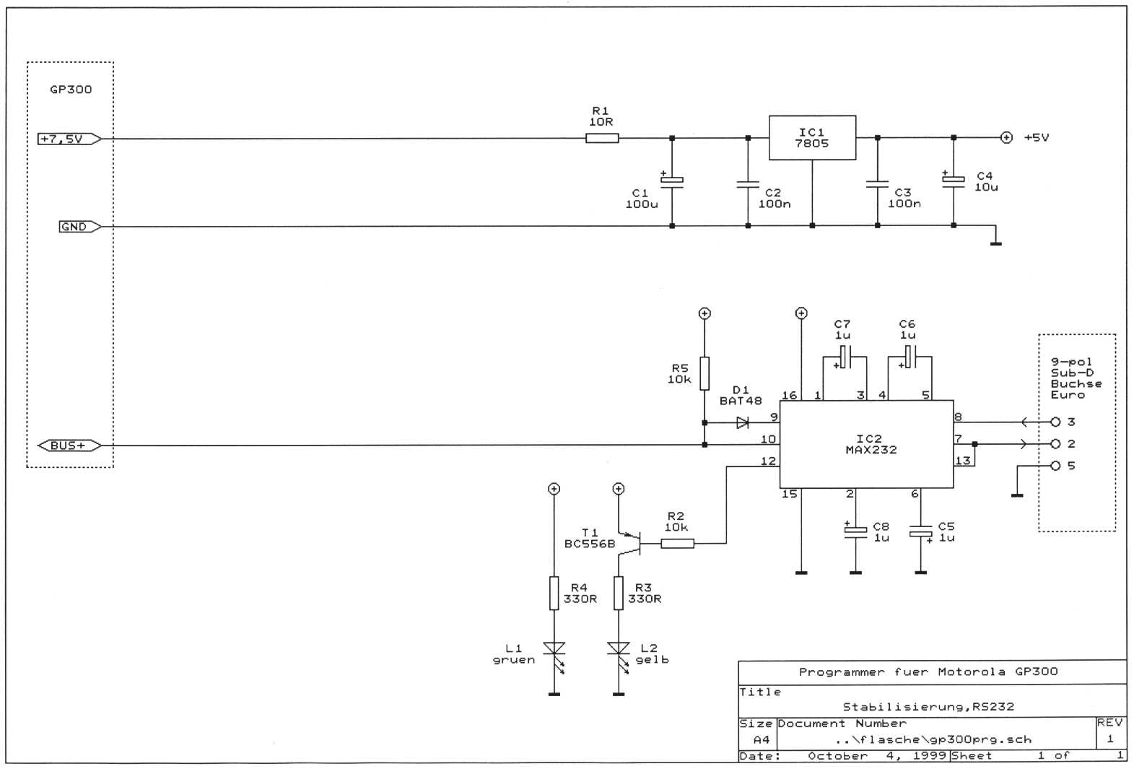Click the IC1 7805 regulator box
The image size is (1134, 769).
coord(812,138)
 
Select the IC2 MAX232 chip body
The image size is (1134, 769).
coord(866,444)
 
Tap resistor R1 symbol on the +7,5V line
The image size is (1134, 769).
coord(602,138)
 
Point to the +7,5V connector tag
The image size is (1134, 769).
coord(69,139)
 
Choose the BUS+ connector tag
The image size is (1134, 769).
coord(69,446)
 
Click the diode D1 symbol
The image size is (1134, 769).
coord(742,422)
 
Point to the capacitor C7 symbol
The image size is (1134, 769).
coord(845,357)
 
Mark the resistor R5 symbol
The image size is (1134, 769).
coord(705,373)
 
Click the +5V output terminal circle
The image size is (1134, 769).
coord(1006,137)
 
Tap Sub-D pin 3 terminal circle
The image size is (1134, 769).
coord(1055,422)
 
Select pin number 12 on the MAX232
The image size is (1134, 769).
coord(768,461)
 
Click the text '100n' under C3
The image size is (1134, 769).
coord(904,204)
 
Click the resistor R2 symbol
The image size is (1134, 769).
coord(678,543)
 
